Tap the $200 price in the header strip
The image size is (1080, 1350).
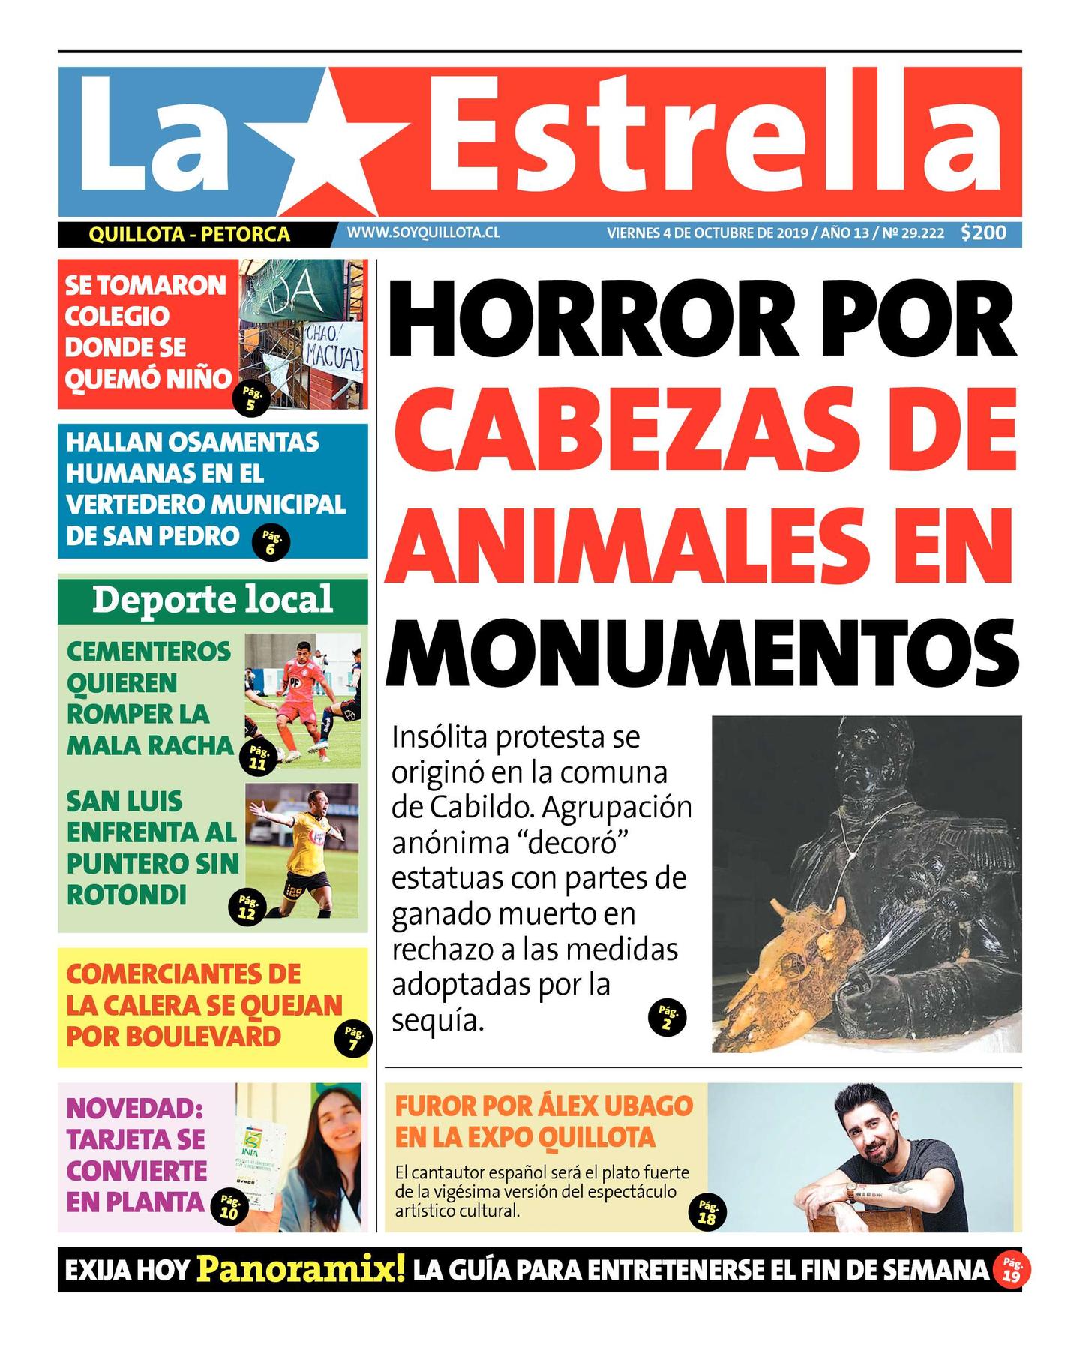tap(983, 233)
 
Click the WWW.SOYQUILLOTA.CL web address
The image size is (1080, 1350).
tap(423, 233)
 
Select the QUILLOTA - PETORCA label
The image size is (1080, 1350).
tap(189, 235)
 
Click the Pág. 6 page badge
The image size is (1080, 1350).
tap(271, 543)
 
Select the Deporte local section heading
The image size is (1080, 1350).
tap(212, 600)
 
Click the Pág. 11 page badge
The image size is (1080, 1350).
tap(258, 758)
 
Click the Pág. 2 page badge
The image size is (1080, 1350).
tap(666, 1018)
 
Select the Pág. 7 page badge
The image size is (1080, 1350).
tap(353, 1039)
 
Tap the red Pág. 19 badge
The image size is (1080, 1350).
tap(1011, 1270)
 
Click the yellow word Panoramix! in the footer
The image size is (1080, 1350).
tap(301, 1269)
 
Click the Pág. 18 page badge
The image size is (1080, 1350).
tap(706, 1213)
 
